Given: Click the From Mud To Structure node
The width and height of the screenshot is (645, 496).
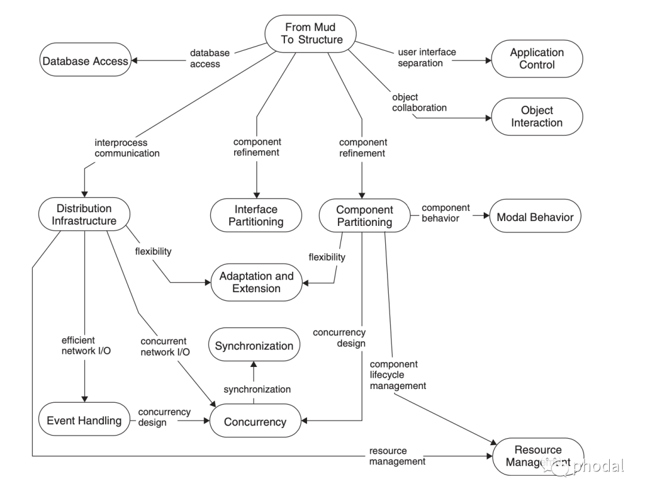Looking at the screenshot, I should (311, 33).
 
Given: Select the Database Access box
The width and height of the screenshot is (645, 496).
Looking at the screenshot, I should (84, 60).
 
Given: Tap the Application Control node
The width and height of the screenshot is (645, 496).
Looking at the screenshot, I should (536, 59).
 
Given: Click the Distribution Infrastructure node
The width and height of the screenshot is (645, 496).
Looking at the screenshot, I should (84, 215).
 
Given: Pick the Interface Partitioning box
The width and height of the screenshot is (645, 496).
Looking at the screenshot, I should (256, 216).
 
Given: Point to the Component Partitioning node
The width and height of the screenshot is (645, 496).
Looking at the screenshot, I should (364, 216).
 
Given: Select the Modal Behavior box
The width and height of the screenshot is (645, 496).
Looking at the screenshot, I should (535, 217).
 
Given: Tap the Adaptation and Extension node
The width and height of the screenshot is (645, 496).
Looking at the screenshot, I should (256, 282).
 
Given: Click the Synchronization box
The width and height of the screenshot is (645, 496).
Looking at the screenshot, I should (254, 345).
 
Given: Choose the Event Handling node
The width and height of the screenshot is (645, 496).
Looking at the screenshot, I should (84, 420).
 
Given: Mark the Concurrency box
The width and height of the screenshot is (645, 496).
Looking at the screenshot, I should (255, 421).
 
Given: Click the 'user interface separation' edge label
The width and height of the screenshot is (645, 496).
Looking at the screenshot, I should (426, 57).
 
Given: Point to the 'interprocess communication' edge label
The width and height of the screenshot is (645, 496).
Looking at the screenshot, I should (127, 148).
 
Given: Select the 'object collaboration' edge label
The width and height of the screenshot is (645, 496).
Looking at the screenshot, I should (419, 102).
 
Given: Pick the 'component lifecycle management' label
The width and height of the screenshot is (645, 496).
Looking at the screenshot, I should (398, 375).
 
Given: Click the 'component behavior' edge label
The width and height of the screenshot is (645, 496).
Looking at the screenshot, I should (446, 212).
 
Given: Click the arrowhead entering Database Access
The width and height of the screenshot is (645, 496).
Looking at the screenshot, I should (135, 60).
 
